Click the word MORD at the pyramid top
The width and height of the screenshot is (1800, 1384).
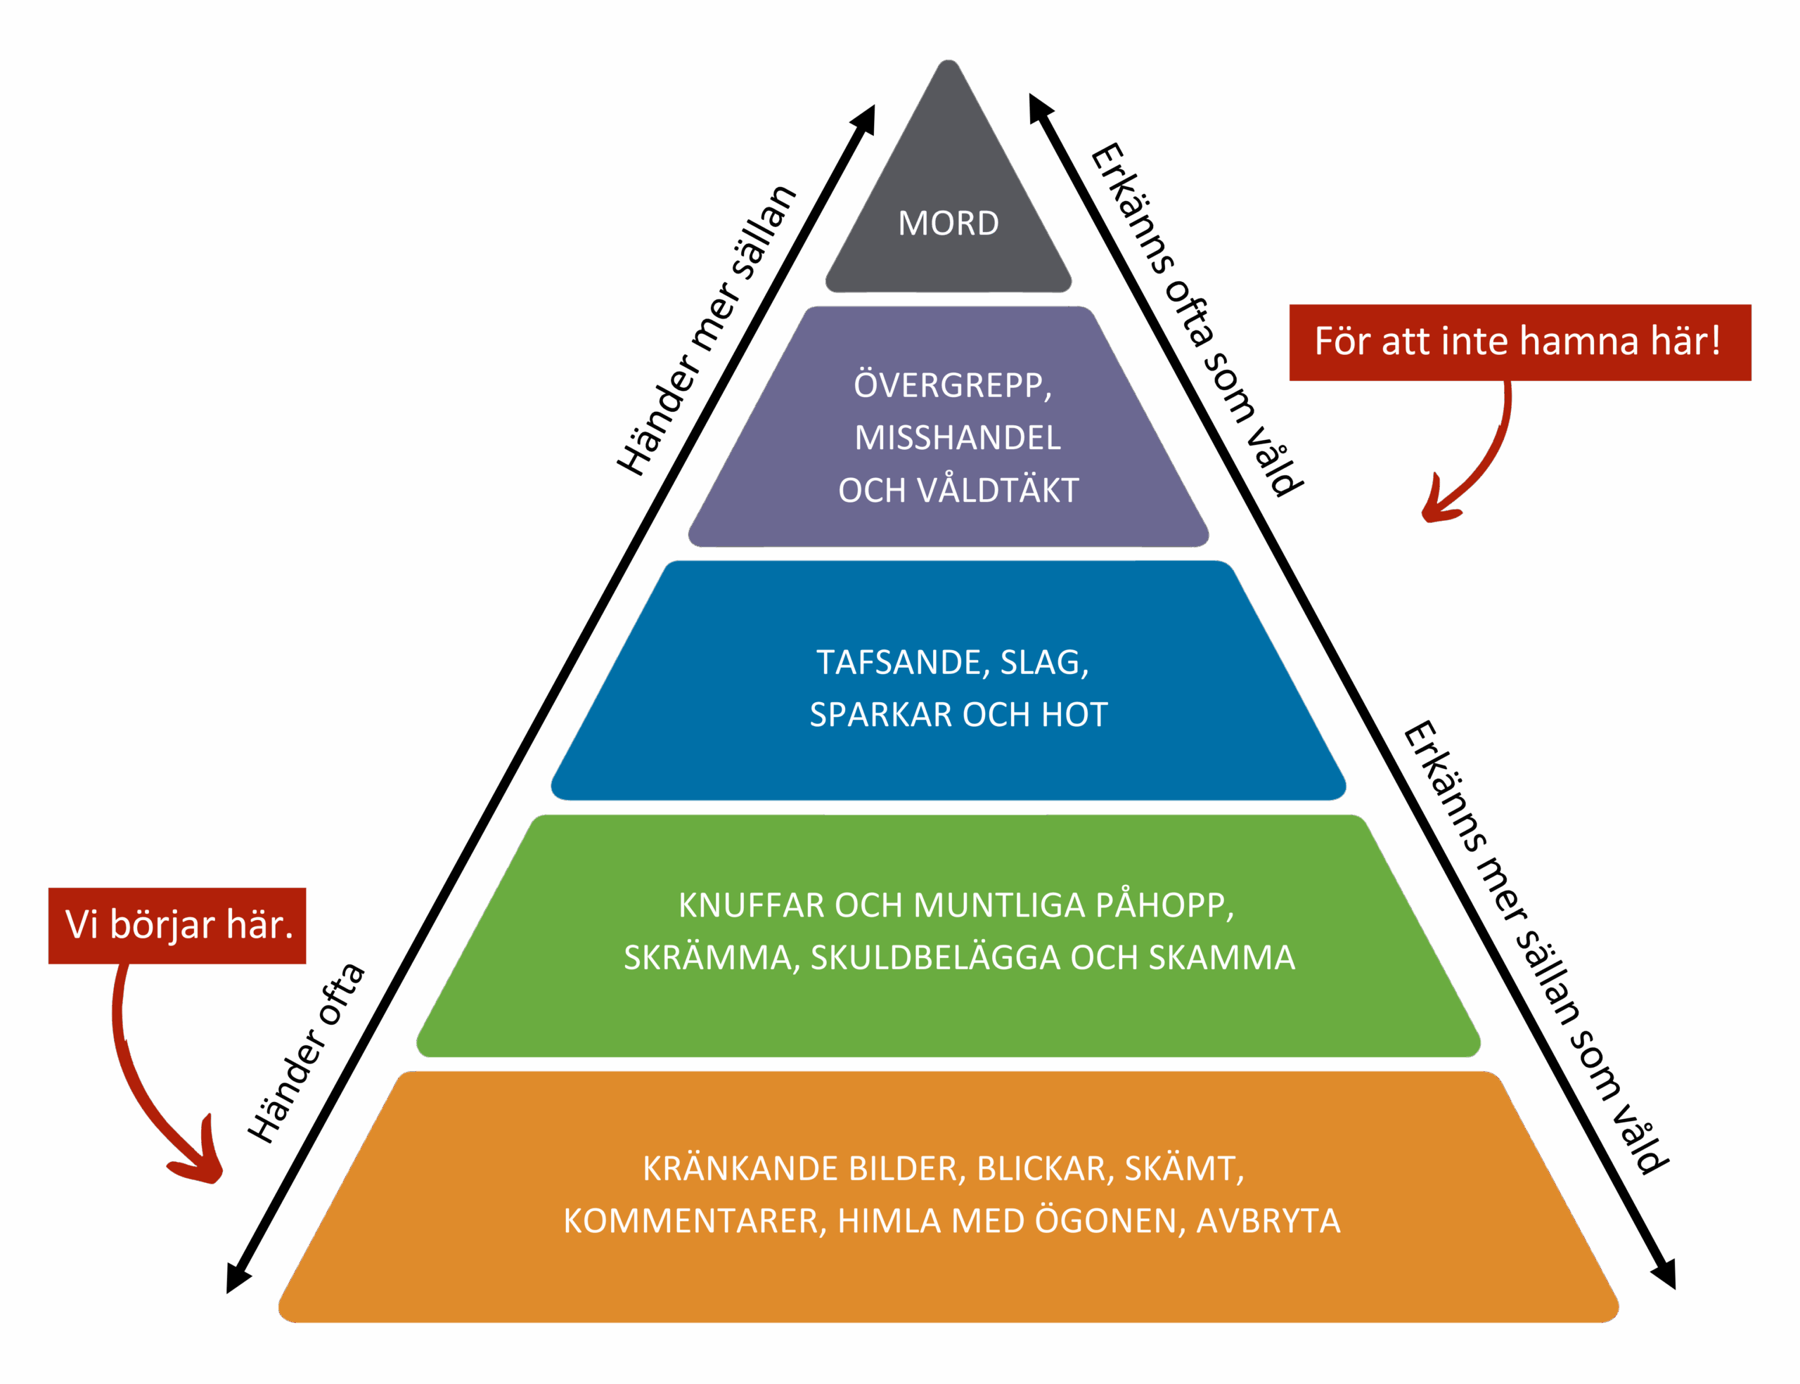point(948,224)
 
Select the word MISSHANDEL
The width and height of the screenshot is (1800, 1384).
point(958,437)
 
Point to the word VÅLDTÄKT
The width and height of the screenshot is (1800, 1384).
point(997,490)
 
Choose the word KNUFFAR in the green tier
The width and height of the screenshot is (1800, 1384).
point(750,905)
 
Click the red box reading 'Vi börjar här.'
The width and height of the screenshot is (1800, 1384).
point(177,925)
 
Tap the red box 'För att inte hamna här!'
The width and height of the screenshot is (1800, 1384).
point(1519,342)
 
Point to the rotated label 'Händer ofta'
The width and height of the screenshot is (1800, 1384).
point(306,1053)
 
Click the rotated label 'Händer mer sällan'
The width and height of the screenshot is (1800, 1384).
point(707,330)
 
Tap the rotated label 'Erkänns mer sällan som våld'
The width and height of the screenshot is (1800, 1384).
point(1535,948)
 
